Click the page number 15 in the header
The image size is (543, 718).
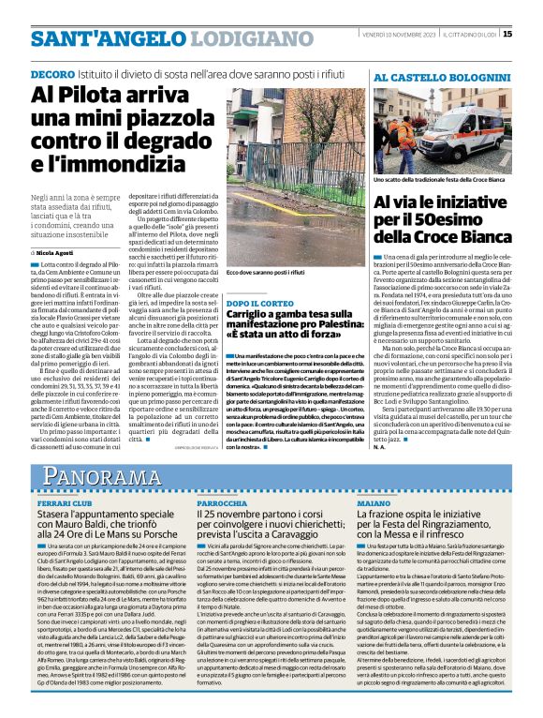point(534,35)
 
